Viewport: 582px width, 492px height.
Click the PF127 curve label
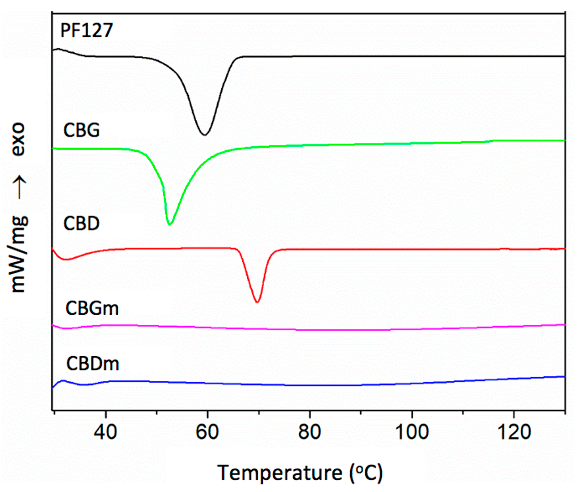[87, 30]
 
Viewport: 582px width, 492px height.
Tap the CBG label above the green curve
[82, 130]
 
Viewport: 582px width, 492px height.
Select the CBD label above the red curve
[82, 223]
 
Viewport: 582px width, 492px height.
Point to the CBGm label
[92, 308]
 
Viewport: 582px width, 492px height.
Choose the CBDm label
[93, 364]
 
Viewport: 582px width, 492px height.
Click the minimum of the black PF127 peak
[205, 135]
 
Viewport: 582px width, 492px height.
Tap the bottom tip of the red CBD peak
[257, 302]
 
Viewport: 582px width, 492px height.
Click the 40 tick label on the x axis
[105, 432]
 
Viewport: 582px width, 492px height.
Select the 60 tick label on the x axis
[207, 432]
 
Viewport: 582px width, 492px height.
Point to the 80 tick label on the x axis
[309, 432]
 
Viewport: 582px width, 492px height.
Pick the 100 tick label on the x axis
[412, 432]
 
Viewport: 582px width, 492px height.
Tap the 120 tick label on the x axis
[514, 432]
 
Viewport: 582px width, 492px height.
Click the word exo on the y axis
[19, 139]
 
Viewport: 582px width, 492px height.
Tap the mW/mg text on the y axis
[19, 254]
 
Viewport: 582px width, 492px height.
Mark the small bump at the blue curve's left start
[63, 380]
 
